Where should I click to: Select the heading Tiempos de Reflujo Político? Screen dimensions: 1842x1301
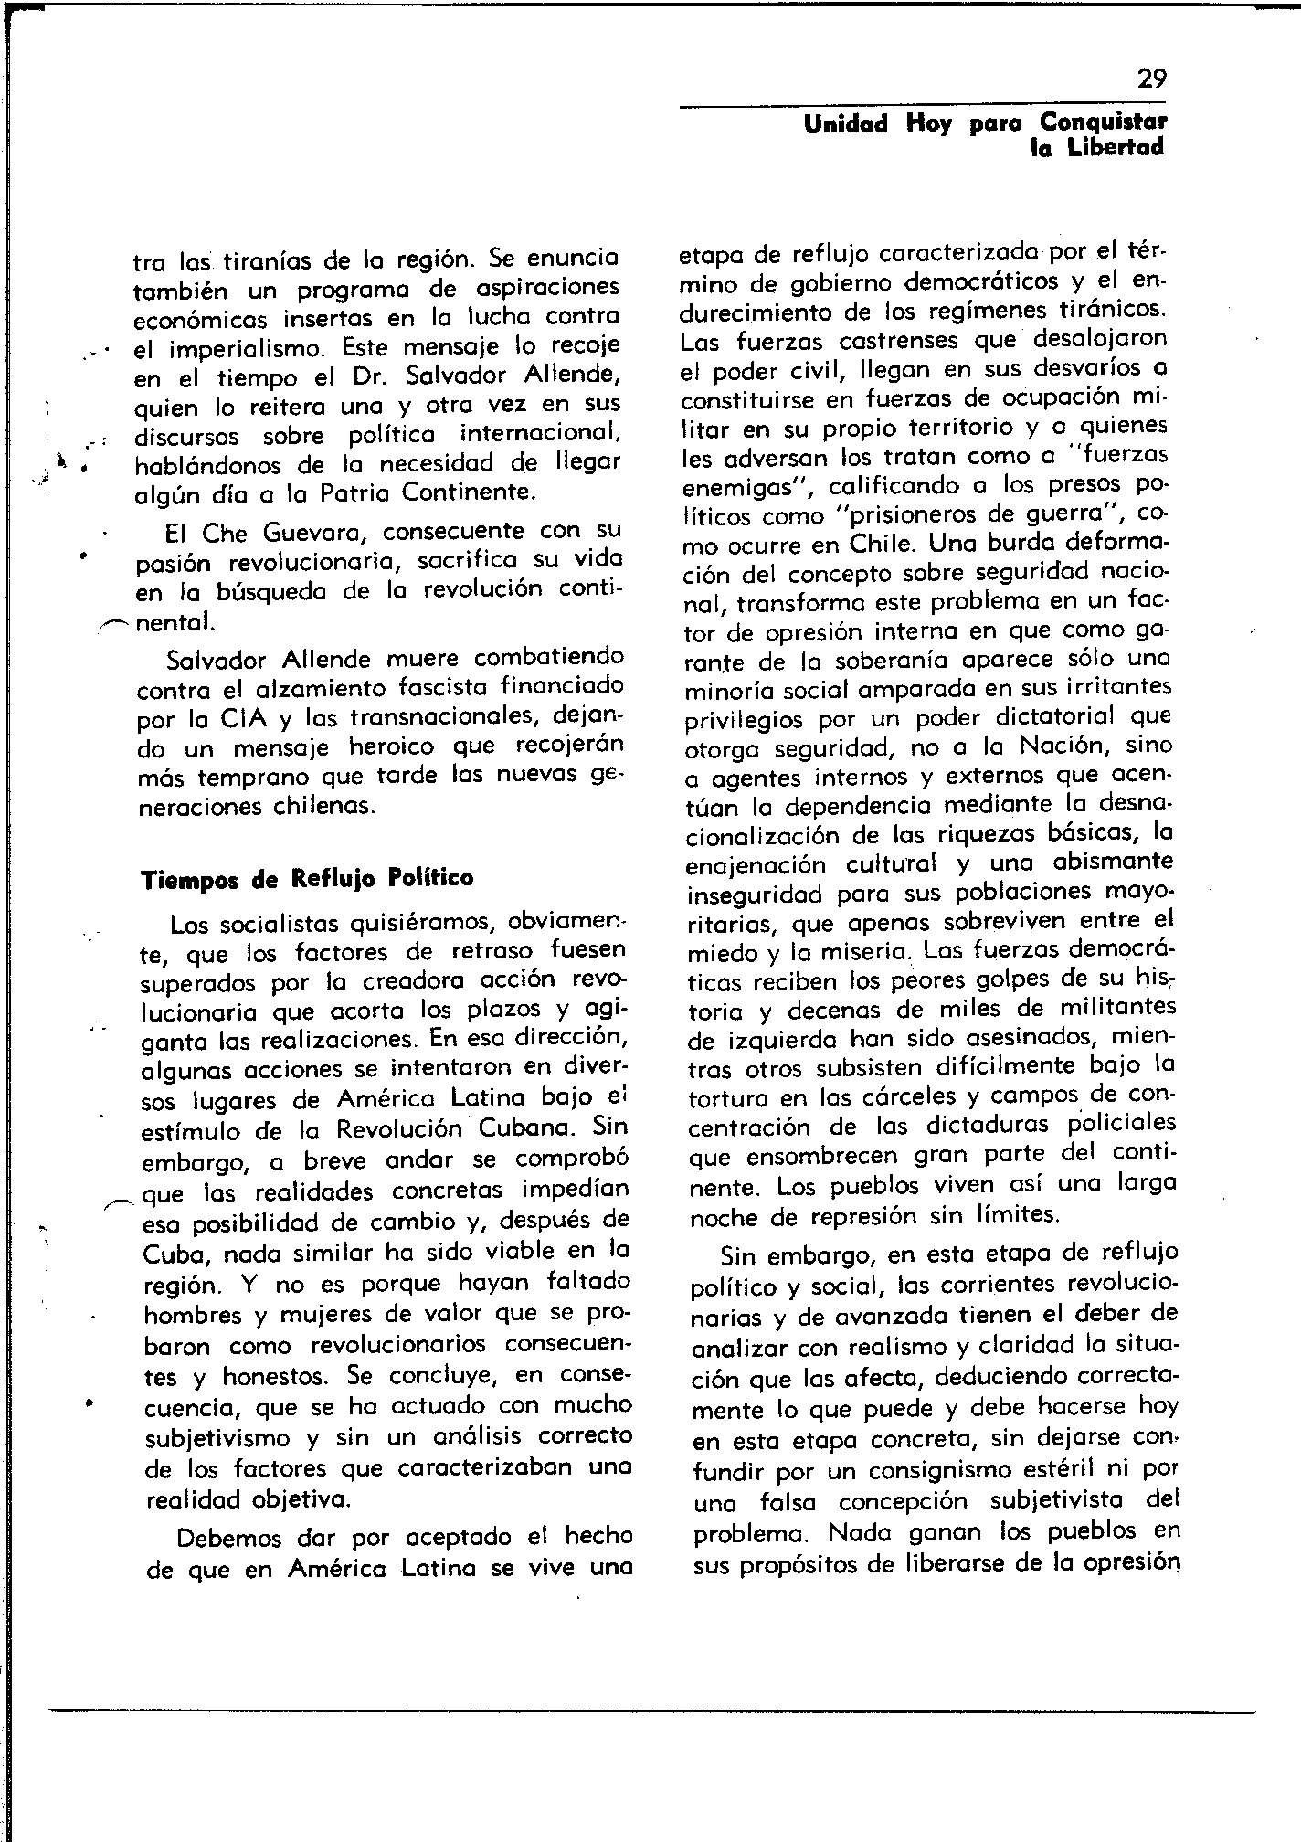(308, 879)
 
